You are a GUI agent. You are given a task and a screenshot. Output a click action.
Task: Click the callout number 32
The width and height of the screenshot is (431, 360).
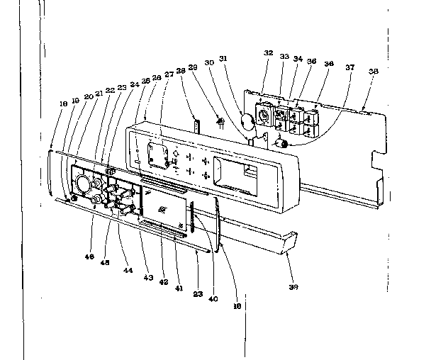[x=269, y=52]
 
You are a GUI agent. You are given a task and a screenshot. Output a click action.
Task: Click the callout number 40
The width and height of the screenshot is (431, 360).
[x=213, y=298]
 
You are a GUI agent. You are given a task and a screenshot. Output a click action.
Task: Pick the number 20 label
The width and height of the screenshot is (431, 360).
[x=88, y=97]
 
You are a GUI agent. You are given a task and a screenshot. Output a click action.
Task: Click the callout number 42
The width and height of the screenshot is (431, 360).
[x=164, y=281]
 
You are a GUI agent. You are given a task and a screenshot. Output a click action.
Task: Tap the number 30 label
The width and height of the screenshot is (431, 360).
[x=209, y=62]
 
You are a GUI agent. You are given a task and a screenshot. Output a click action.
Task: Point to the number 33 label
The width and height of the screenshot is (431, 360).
[x=284, y=56]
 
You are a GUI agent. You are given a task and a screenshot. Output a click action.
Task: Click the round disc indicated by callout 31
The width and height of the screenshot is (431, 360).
[x=247, y=121]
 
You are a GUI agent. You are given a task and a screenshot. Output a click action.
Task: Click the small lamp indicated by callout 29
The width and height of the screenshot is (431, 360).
[x=220, y=122]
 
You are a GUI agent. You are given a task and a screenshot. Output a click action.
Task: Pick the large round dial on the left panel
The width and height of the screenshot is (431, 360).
[x=86, y=184]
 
